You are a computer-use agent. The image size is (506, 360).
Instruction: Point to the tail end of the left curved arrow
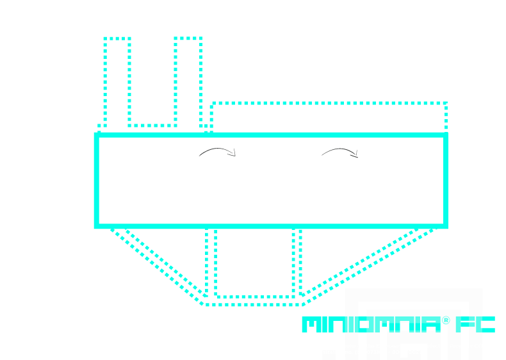pyautogui.click(x=199, y=156)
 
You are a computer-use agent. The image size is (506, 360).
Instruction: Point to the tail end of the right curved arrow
pyautogui.click(x=322, y=155)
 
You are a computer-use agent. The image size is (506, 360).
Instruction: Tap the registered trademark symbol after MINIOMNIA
pyautogui.click(x=445, y=320)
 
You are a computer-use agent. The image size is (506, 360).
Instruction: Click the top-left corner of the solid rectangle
pyautogui.click(x=96, y=135)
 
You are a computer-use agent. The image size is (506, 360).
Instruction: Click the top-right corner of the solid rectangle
pyautogui.click(x=446, y=135)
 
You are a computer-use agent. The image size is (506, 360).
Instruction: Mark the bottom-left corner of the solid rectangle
pyautogui.click(x=96, y=226)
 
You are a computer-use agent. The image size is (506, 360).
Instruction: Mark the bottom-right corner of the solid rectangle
pyautogui.click(x=446, y=226)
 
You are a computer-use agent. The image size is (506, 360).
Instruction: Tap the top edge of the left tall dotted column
pyautogui.click(x=117, y=38)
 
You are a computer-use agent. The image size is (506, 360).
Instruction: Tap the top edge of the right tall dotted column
pyautogui.click(x=188, y=38)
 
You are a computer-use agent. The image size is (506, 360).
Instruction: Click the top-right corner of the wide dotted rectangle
pyautogui.click(x=446, y=103)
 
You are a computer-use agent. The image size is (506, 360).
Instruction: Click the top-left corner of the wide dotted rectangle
pyautogui.click(x=212, y=103)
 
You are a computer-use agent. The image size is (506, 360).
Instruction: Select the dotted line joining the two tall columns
pyautogui.click(x=152, y=126)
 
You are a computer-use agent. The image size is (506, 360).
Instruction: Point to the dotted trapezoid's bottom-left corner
pyautogui.click(x=204, y=304)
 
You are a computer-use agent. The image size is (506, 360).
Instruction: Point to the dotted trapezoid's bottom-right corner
pyautogui.click(x=304, y=304)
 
